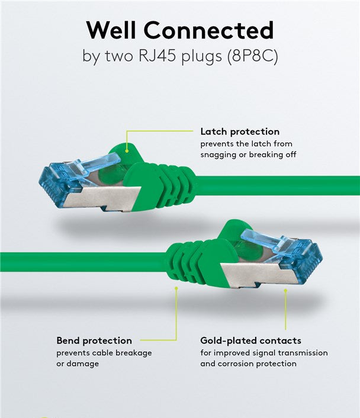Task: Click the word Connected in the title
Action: tap(209, 30)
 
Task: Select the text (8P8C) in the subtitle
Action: tap(252, 56)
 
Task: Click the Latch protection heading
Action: tap(240, 131)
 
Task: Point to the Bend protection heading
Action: tap(94, 340)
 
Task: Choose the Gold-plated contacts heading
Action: tap(250, 340)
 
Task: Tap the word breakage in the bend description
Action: tap(134, 353)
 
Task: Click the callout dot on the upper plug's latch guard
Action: tap(127, 151)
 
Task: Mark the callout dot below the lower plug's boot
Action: tap(176, 288)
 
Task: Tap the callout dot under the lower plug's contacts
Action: tap(285, 291)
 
